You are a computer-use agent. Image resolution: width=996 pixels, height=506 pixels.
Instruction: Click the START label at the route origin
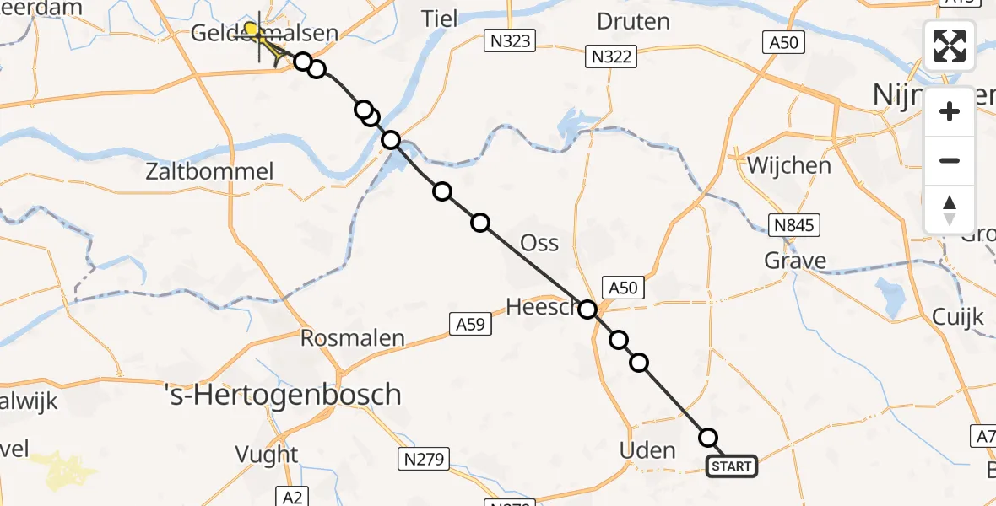(x=731, y=466)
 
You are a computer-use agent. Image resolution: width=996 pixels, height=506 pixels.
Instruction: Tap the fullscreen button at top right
(x=950, y=46)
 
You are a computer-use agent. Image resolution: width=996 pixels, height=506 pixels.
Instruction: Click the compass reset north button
(x=950, y=210)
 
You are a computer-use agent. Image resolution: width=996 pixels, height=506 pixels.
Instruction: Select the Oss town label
(x=539, y=243)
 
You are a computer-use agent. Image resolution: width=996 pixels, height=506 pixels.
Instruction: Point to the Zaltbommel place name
(x=221, y=172)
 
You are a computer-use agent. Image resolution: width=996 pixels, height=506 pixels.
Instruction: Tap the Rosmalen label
(x=354, y=337)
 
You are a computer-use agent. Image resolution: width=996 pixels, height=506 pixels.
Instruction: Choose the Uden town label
(x=647, y=449)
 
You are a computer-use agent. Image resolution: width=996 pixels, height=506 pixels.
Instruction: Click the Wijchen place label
(x=788, y=164)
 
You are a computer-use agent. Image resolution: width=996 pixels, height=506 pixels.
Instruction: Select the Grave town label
(x=795, y=261)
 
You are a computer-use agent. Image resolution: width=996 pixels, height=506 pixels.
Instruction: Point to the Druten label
(x=633, y=20)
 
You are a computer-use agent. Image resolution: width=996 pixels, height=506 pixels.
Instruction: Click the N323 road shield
(x=510, y=40)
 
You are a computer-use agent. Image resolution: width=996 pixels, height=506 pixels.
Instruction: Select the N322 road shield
(x=612, y=57)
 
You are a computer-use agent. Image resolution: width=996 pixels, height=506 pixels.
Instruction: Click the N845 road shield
(x=794, y=223)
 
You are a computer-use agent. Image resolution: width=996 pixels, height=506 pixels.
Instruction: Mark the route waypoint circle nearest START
(x=708, y=438)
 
